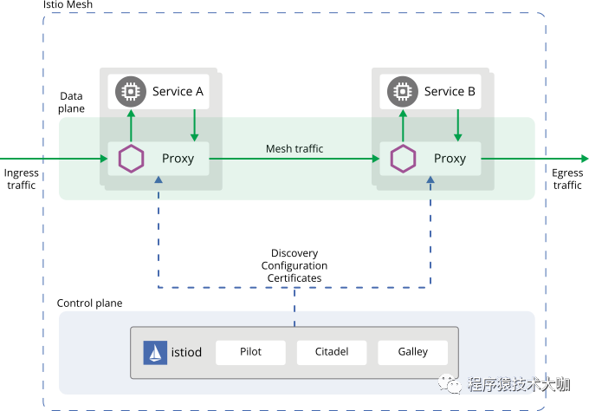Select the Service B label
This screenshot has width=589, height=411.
click(450, 91)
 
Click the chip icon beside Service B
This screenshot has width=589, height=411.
click(402, 91)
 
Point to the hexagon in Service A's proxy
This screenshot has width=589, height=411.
click(131, 159)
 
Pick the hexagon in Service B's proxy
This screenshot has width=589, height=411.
click(403, 159)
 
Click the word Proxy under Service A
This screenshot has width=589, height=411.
click(178, 159)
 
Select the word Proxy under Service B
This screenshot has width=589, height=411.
click(450, 159)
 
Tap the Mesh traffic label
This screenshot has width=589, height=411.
click(294, 149)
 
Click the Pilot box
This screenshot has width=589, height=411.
click(250, 352)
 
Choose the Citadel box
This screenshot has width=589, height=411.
click(332, 352)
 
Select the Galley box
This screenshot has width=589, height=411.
click(413, 352)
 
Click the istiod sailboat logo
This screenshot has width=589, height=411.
click(154, 353)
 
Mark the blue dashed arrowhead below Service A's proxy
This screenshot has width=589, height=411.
click(158, 180)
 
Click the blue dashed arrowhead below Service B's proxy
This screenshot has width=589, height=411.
click(430, 180)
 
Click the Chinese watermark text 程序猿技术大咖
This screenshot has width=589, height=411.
click(519, 384)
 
